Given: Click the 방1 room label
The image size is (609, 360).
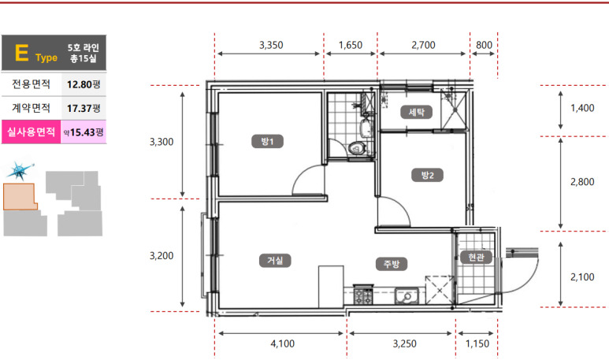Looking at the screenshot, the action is [x=267, y=141].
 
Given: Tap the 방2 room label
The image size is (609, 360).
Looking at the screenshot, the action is [x=427, y=175].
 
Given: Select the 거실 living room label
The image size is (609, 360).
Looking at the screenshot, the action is [x=275, y=260].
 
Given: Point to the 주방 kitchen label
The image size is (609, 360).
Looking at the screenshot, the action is [x=392, y=264].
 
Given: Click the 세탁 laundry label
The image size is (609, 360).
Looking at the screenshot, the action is [x=416, y=112].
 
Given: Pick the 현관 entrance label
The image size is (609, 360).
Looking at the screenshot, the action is [x=476, y=257].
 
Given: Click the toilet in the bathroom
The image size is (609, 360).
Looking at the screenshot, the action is [x=357, y=148].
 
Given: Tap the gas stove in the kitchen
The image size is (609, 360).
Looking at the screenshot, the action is [x=363, y=296].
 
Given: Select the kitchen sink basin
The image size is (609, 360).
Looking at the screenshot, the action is [x=407, y=296].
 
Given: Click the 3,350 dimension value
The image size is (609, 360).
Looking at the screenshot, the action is [x=271, y=45].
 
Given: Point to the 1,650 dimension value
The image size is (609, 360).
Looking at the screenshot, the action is [x=351, y=45].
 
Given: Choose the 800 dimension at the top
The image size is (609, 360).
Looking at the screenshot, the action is [x=484, y=45].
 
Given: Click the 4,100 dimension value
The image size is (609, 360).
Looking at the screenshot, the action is [x=282, y=343].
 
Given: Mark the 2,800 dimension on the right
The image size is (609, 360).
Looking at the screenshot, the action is [x=582, y=182].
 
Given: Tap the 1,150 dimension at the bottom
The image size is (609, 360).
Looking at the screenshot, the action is [x=477, y=343].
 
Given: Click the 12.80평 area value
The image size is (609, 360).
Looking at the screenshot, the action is [x=84, y=84].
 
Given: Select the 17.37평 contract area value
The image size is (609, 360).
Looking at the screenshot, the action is [x=84, y=108].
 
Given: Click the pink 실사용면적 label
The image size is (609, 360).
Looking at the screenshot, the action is [x=31, y=132].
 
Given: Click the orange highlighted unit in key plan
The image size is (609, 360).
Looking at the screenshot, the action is [x=20, y=197].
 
